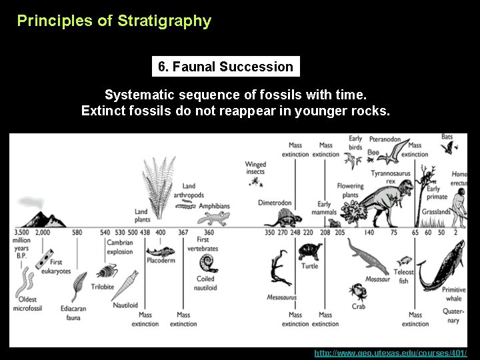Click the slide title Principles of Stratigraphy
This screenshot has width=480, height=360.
(x=114, y=21)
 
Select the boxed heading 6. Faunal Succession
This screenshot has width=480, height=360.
(x=225, y=67)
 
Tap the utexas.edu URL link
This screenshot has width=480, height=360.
(x=390, y=353)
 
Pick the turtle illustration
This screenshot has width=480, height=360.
(x=309, y=252)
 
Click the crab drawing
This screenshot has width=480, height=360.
(x=359, y=291)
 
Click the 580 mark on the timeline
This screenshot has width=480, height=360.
(x=77, y=232)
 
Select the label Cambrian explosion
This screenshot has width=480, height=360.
(x=120, y=247)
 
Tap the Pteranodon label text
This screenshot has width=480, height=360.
(x=385, y=140)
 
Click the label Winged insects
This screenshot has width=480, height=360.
(x=255, y=167)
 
